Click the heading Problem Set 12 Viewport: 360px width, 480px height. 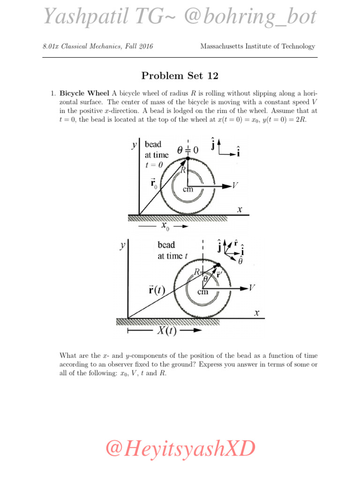coord(180,76)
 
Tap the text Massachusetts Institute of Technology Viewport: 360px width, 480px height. coord(257,46)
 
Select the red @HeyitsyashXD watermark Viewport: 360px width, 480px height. coord(180,449)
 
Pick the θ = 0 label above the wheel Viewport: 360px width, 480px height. coord(187,150)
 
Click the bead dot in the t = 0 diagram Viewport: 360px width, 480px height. coord(187,160)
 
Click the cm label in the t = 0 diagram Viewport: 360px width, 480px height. coord(187,189)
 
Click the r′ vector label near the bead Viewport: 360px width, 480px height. coord(219,275)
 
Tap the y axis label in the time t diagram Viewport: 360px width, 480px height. coord(122,245)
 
